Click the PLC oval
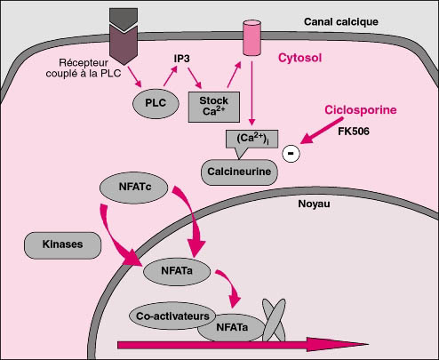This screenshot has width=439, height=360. (156, 103)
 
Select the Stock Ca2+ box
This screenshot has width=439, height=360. (214, 107)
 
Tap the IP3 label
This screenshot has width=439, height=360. (181, 59)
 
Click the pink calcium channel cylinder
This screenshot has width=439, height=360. (251, 37)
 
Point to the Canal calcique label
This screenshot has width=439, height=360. (341, 21)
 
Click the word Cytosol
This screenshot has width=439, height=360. (299, 58)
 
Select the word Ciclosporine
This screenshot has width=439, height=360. (361, 110)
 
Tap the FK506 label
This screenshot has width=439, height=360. (354, 132)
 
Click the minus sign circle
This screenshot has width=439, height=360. (291, 154)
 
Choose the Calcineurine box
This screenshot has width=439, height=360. (239, 172)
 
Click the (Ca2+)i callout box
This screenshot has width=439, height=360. (251, 139)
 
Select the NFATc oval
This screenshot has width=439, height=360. (134, 188)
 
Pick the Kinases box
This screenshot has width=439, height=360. (62, 245)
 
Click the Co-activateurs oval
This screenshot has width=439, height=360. (172, 316)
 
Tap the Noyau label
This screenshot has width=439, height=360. (314, 204)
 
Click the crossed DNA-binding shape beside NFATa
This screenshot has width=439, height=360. (274, 320)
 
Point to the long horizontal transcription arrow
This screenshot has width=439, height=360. (243, 345)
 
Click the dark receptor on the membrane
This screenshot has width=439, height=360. (124, 36)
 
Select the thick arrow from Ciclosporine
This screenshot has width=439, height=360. (322, 131)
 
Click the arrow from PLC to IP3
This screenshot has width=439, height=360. (171, 76)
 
